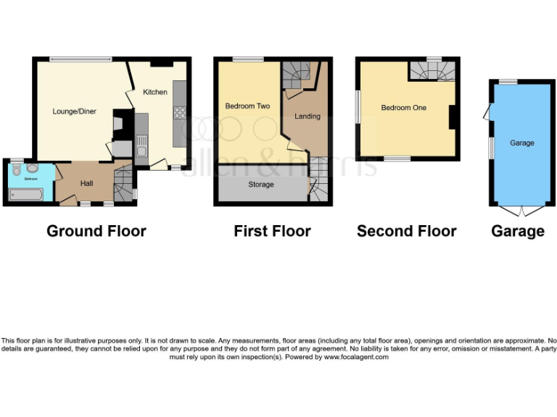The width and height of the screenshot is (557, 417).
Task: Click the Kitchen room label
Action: point(155,92)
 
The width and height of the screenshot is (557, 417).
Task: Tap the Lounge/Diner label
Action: point(75,111)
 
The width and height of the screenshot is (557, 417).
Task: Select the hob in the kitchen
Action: point(178,112)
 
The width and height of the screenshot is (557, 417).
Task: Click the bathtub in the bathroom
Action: point(26,193)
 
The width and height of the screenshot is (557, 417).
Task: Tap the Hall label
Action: point(87,184)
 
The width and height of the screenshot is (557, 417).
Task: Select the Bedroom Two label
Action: point(247,106)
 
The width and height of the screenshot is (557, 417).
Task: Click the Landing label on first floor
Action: point(308,116)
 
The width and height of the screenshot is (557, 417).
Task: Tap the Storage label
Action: point(261,185)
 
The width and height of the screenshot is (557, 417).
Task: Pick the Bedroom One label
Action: point(404,108)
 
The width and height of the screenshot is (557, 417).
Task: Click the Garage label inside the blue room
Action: point(521,143)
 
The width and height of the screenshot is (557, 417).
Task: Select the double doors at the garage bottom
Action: point(521,210)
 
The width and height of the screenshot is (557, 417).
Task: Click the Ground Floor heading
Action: point(96,232)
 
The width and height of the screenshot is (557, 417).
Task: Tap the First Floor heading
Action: point(272,232)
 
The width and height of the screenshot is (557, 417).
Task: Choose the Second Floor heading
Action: point(407,232)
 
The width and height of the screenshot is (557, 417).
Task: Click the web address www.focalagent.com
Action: point(356,357)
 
